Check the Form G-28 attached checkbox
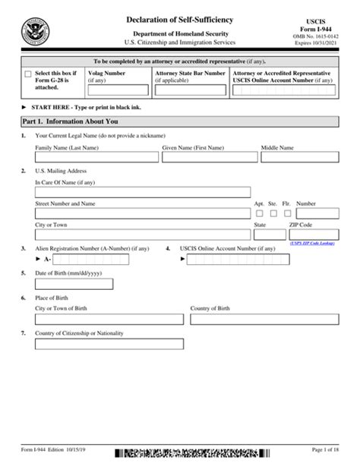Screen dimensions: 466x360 (x=28, y=74)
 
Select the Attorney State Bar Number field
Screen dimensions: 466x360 (x=189, y=90)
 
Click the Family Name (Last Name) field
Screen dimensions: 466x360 (x=96, y=157)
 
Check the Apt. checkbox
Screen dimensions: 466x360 (x=259, y=214)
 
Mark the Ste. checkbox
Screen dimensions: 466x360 (x=273, y=214)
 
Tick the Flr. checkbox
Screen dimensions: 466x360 (x=286, y=214)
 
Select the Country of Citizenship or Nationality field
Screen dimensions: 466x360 (x=109, y=344)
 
